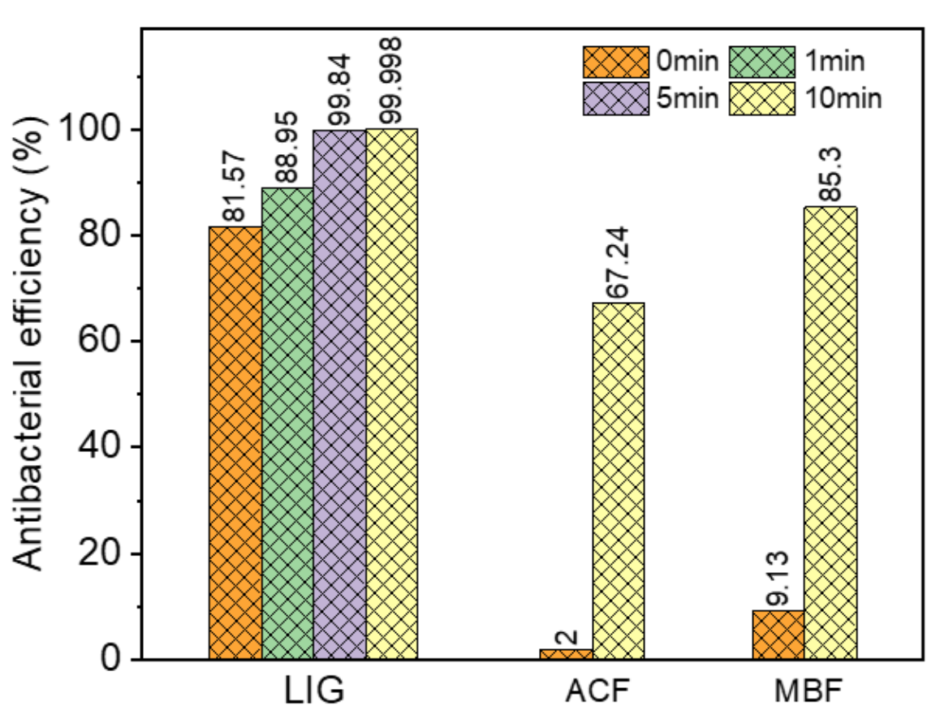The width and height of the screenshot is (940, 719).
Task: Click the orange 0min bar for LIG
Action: coord(235,442)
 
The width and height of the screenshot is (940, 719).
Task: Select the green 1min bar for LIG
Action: coord(287,423)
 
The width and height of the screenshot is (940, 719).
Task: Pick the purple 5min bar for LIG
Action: coord(339,394)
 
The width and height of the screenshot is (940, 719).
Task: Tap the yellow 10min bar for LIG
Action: coord(391,394)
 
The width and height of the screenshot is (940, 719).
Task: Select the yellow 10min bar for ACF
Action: coord(618,480)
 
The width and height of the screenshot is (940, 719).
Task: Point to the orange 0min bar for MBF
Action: coord(778,635)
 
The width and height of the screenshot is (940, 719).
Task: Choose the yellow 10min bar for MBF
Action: coord(830,433)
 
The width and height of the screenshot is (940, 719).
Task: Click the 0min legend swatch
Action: coord(614,61)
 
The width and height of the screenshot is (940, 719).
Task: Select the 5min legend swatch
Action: coord(614,98)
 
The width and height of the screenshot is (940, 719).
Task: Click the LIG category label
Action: coord(314,692)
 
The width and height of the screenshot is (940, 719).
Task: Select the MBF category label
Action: coord(804,692)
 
